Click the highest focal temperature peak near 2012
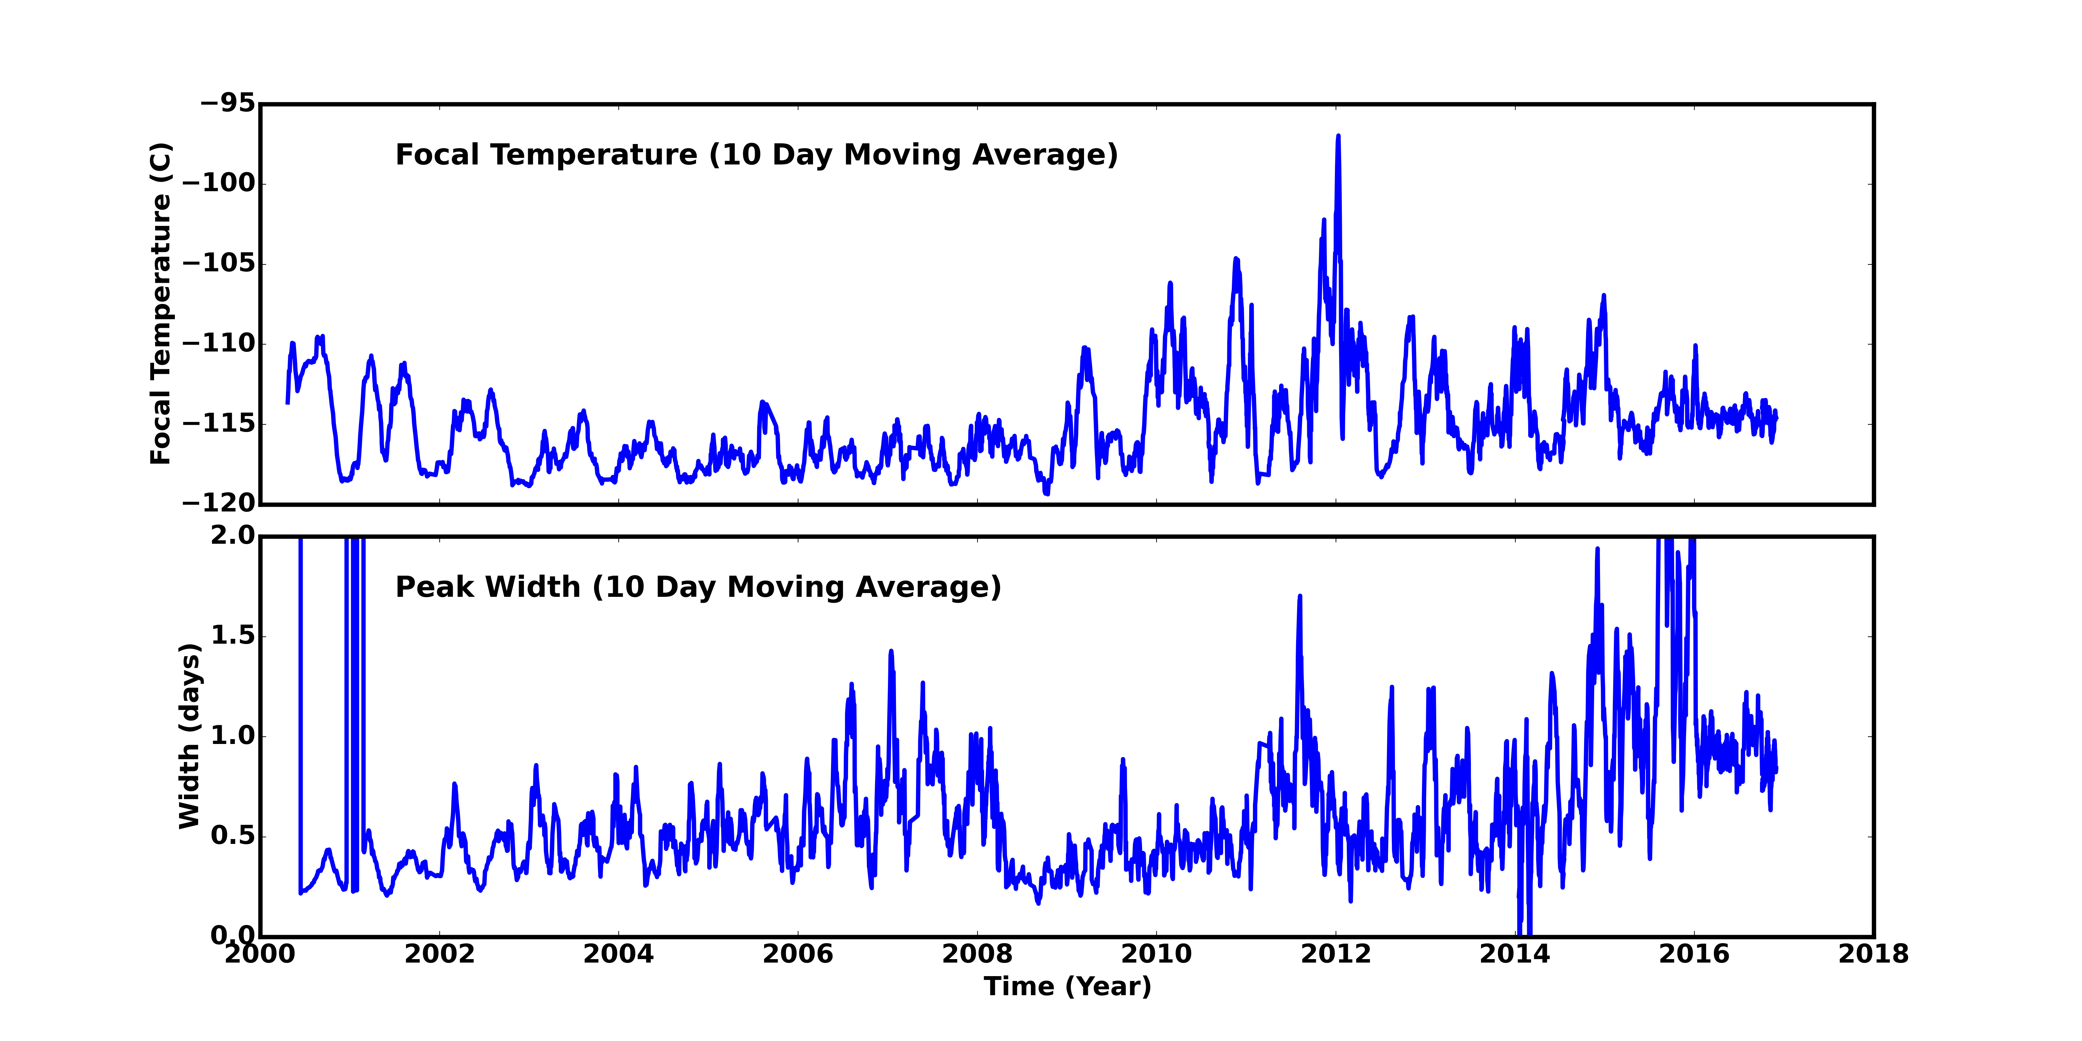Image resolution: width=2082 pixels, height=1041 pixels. (x=1338, y=137)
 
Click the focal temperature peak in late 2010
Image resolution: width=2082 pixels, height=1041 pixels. (x=1236, y=260)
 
